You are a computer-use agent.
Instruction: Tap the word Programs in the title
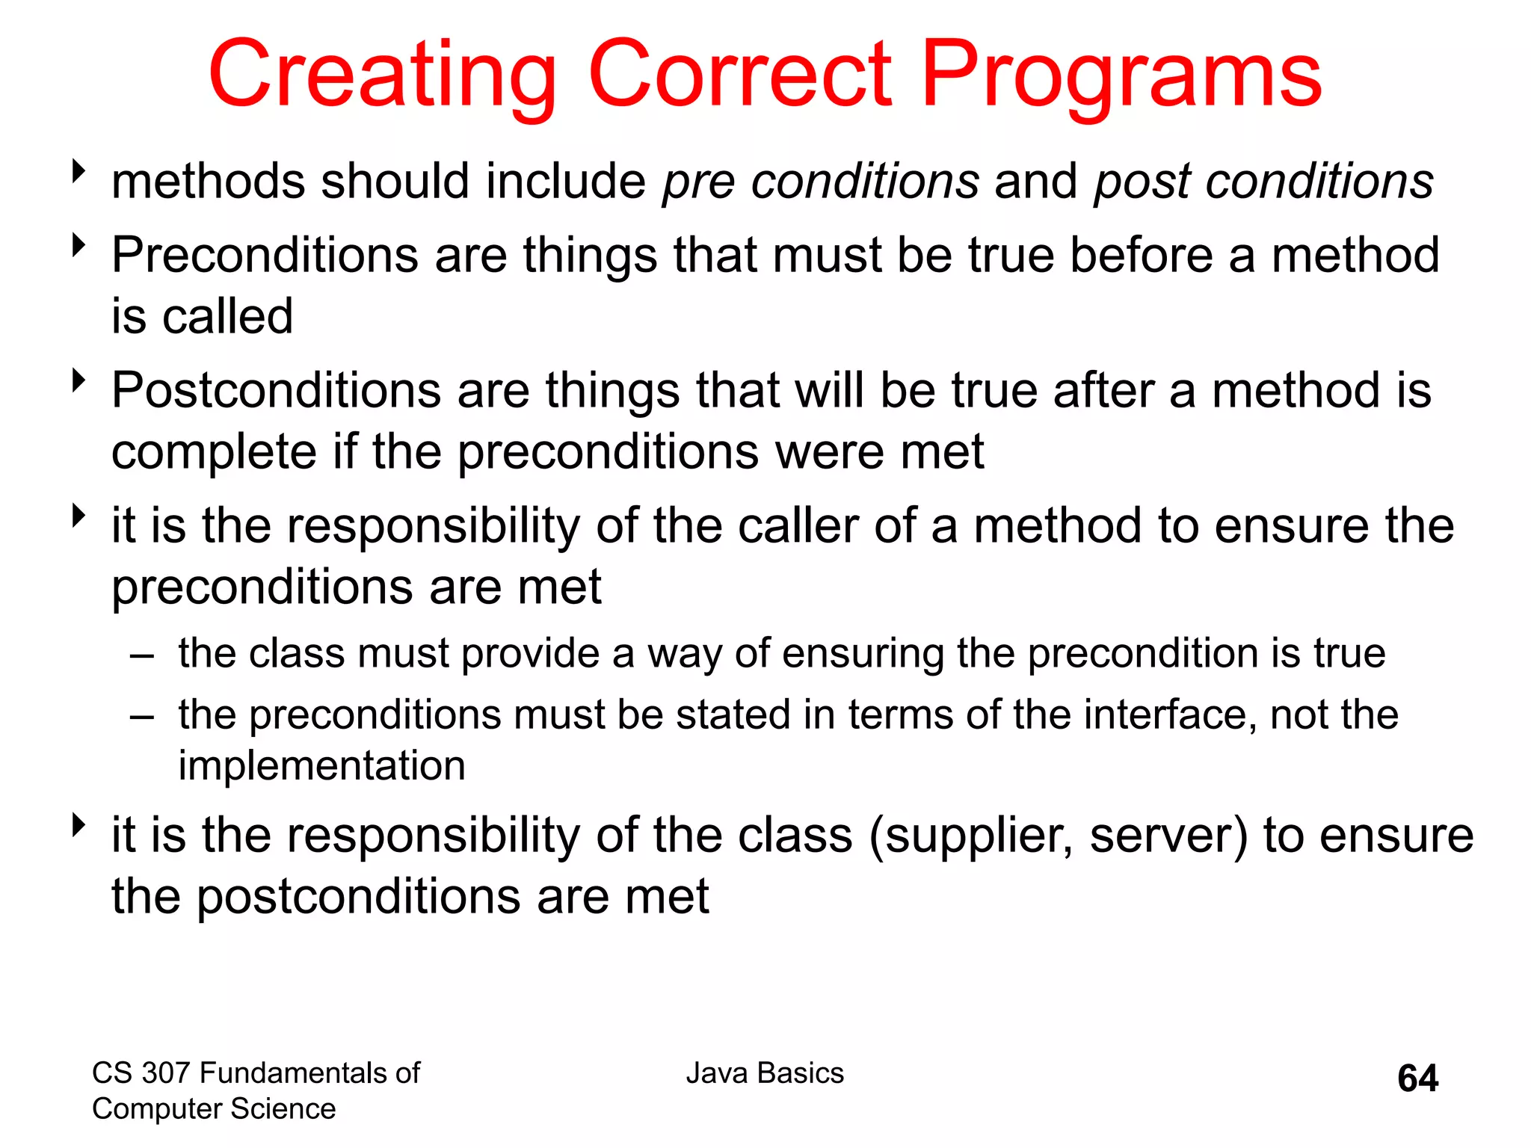click(x=1121, y=75)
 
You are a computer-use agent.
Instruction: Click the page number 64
click(x=1417, y=1078)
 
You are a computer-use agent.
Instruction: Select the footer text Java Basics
click(x=765, y=1073)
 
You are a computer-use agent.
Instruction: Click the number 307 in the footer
click(x=165, y=1073)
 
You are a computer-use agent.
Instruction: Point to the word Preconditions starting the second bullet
click(x=265, y=256)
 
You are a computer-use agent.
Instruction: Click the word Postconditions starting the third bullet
click(x=276, y=391)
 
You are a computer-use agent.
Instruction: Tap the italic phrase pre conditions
click(x=820, y=182)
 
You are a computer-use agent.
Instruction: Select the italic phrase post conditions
click(x=1263, y=182)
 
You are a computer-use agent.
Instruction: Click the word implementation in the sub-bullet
click(x=321, y=766)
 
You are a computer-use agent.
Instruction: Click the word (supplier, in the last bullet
click(x=971, y=836)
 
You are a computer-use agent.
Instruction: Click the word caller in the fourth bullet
click(x=798, y=525)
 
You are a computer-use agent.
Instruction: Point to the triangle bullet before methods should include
click(x=78, y=171)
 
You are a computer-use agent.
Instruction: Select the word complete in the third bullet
click(x=214, y=453)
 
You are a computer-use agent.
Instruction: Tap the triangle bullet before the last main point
click(x=78, y=825)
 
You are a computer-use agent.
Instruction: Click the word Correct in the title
click(x=740, y=75)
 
